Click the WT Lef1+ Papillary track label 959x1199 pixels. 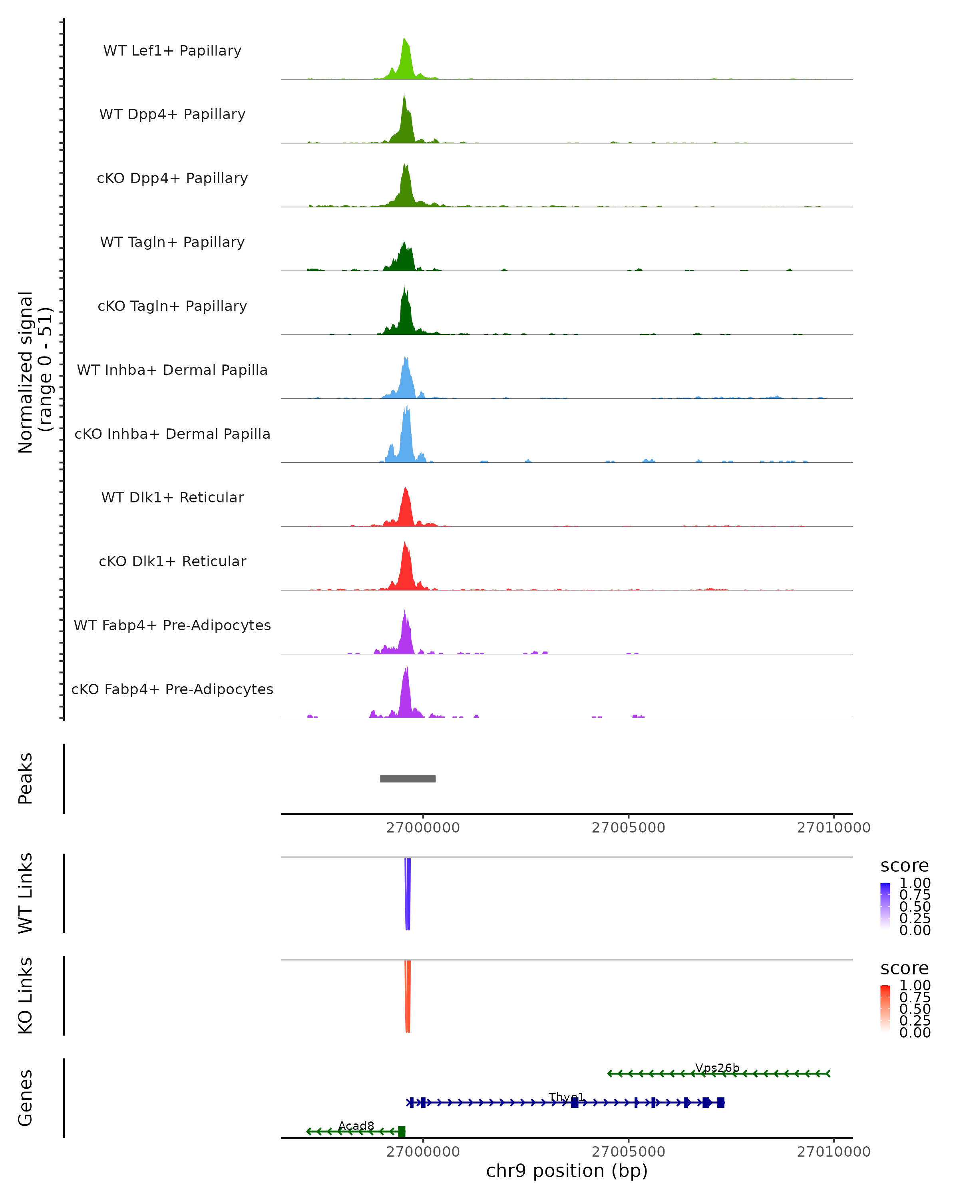[x=172, y=51]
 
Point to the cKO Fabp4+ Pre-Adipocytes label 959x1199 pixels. [x=172, y=689]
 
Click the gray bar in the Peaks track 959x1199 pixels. [x=408, y=779]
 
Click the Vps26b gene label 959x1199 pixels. [x=717, y=1068]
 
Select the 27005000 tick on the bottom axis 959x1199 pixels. [x=628, y=1152]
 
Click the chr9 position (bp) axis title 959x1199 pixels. [x=567, y=1171]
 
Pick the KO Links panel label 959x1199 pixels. [x=25, y=996]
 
